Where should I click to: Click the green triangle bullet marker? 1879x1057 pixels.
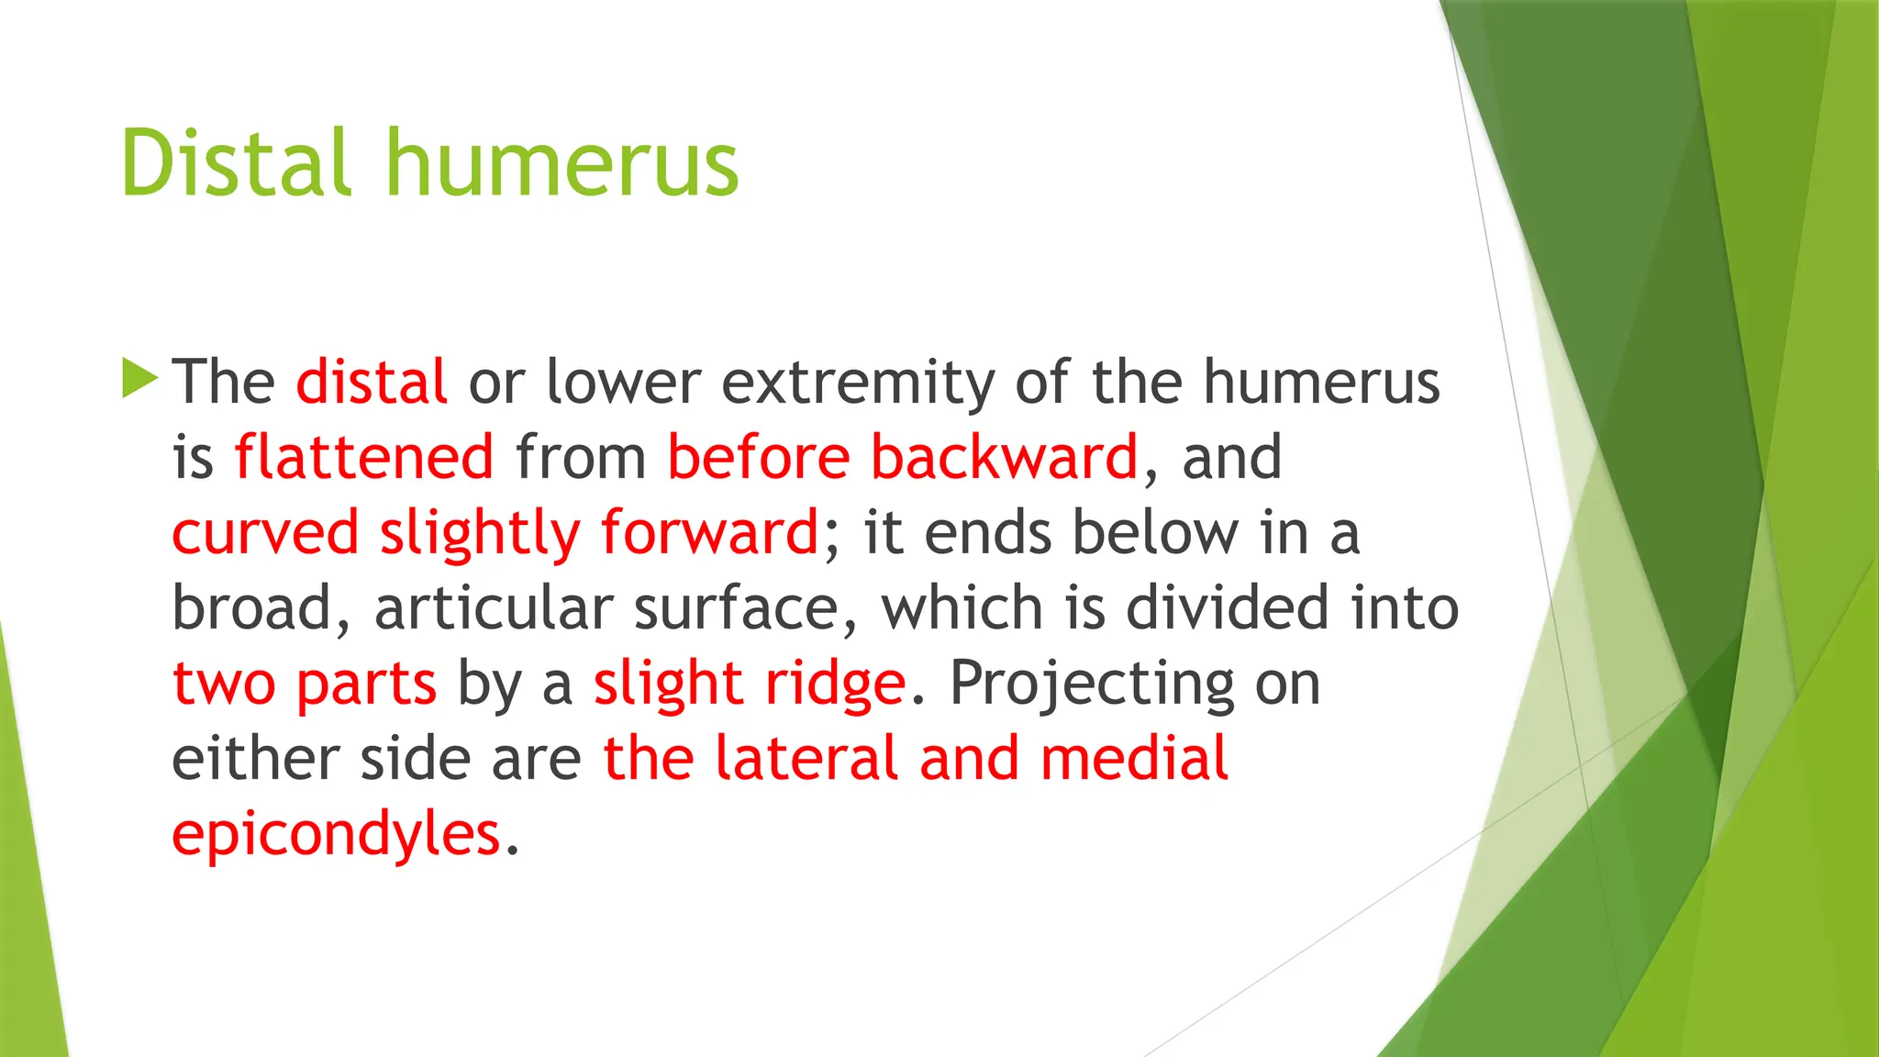coord(139,378)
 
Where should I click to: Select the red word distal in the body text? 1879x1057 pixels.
coord(372,382)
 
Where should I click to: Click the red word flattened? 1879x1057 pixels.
coord(364,457)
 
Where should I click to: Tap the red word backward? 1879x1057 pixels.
coord(1004,457)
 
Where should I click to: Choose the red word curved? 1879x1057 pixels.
coord(265,532)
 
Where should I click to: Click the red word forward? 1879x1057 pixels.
coord(709,532)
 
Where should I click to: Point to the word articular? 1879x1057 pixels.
coord(494,607)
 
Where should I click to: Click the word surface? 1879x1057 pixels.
coord(746,607)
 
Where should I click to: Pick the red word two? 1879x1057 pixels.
coord(224,683)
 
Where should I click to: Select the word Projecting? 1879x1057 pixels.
coord(1091,684)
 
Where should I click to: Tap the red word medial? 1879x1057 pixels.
coord(1134,758)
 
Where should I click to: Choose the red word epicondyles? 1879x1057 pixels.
coord(337,835)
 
